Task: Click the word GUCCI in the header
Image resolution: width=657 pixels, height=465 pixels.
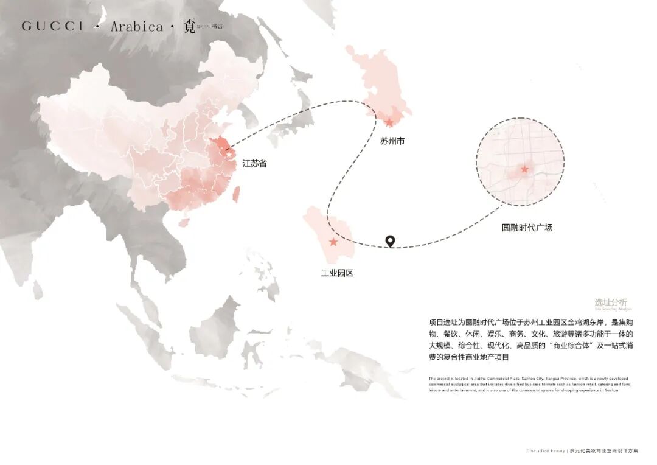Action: click(x=52, y=26)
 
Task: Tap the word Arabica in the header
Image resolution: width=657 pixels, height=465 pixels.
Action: click(x=137, y=26)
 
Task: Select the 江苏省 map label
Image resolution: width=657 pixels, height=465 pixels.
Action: click(x=254, y=164)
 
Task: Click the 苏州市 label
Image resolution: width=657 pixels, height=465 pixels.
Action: click(x=392, y=141)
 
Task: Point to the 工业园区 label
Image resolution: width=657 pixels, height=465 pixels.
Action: click(x=337, y=273)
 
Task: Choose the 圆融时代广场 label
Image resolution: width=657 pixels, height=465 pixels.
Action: click(x=527, y=228)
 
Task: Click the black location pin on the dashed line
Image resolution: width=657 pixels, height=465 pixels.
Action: click(x=391, y=241)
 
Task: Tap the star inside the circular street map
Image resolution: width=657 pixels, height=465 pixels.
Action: click(x=524, y=169)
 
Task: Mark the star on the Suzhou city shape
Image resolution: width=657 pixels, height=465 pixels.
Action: click(x=389, y=122)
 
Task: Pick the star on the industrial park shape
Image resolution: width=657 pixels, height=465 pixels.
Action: click(x=333, y=242)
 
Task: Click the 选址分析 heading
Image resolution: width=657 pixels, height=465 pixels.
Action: click(x=611, y=302)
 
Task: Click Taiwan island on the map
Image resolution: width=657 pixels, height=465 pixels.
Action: click(x=237, y=194)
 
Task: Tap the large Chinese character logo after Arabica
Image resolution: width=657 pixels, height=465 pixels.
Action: click(x=190, y=27)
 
